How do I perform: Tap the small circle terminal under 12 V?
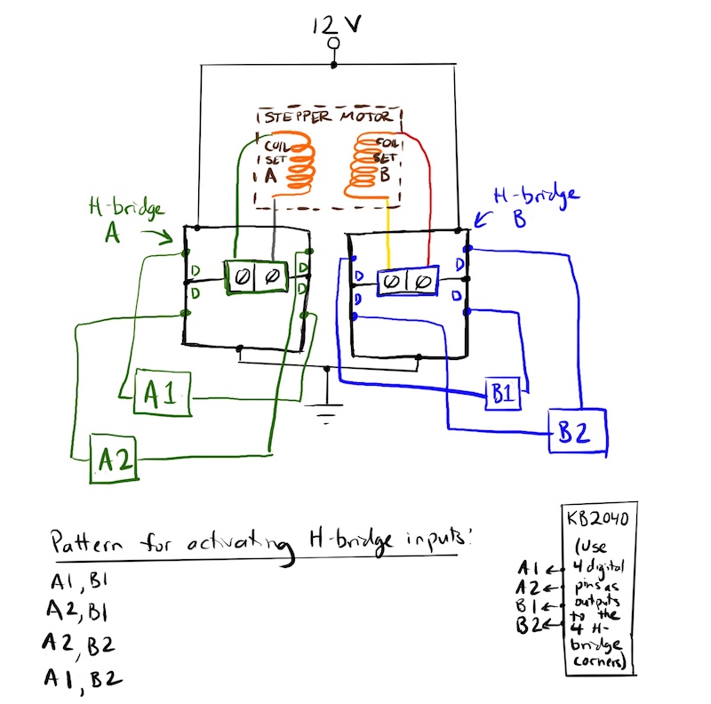click(333, 43)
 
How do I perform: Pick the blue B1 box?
click(503, 393)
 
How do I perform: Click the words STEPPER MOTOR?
click(329, 118)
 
